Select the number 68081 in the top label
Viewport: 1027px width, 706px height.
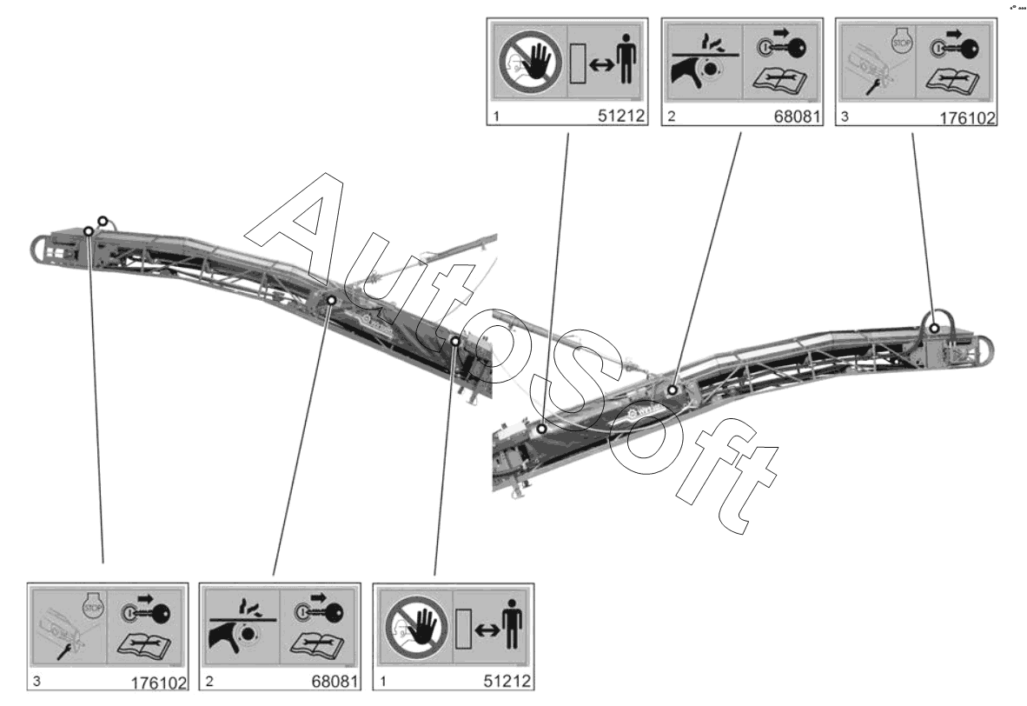[796, 117]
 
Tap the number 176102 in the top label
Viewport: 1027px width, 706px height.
[966, 118]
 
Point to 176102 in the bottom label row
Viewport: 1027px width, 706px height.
[159, 683]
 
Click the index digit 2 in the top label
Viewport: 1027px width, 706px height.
[672, 117]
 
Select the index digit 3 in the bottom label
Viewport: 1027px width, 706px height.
[37, 682]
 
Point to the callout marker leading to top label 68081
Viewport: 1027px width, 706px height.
[673, 390]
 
